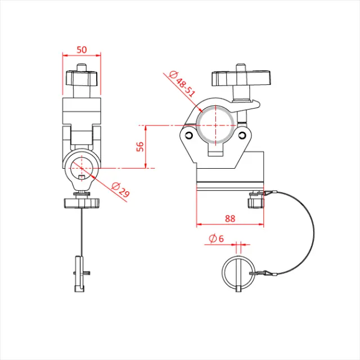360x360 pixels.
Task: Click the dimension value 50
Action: [x=82, y=49]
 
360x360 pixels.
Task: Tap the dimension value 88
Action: [x=230, y=218]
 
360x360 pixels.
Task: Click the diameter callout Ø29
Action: [x=120, y=190]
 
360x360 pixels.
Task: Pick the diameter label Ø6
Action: [x=216, y=239]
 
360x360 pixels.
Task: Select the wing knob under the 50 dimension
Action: [x=82, y=78]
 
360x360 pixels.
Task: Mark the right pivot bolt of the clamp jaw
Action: [x=243, y=134]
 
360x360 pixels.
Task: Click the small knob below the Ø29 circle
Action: [x=82, y=201]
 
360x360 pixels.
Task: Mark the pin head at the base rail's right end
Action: [x=256, y=199]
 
